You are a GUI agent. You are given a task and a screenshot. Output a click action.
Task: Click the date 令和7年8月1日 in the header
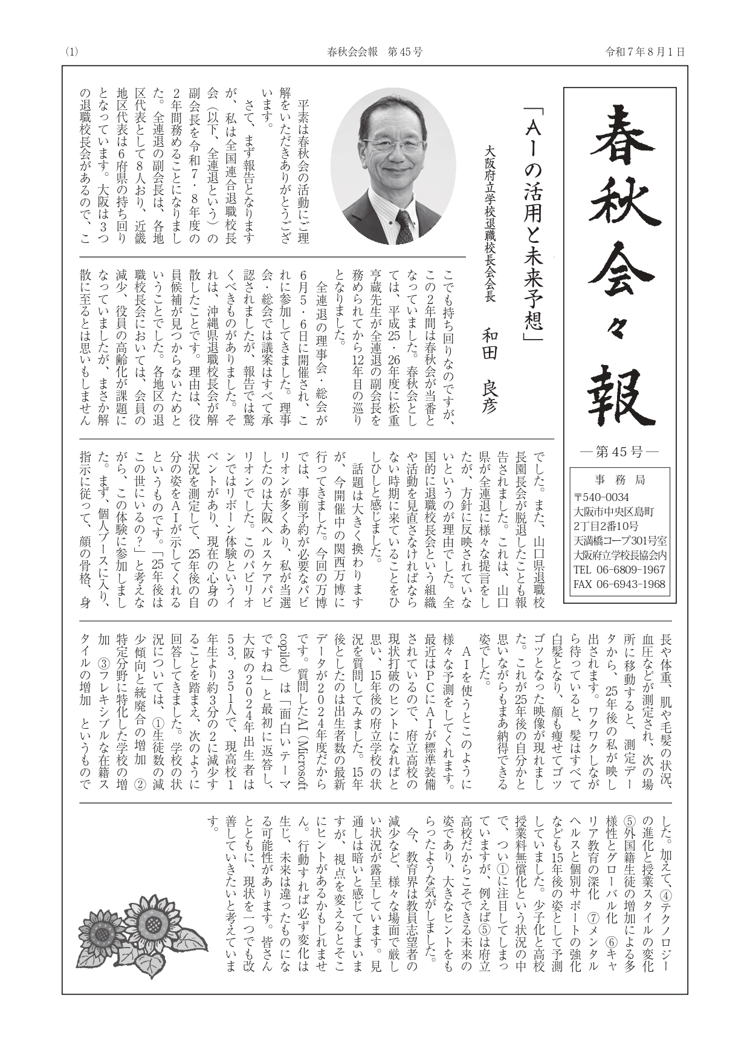tap(645, 52)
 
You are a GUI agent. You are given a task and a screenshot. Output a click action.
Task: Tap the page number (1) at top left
tap(71, 52)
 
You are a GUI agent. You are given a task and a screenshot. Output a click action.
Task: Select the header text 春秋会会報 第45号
tap(374, 52)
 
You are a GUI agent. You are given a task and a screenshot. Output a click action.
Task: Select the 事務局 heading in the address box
tap(620, 480)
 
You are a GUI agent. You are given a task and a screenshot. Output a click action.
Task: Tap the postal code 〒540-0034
tap(601, 497)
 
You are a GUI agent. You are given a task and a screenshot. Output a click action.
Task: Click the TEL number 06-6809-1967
tap(619, 569)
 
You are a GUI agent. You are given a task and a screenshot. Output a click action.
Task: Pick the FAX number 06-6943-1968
tap(619, 584)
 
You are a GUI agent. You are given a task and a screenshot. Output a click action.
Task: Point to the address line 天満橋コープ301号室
tap(620, 540)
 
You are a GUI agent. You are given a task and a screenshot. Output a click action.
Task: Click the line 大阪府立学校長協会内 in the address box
tap(620, 555)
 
